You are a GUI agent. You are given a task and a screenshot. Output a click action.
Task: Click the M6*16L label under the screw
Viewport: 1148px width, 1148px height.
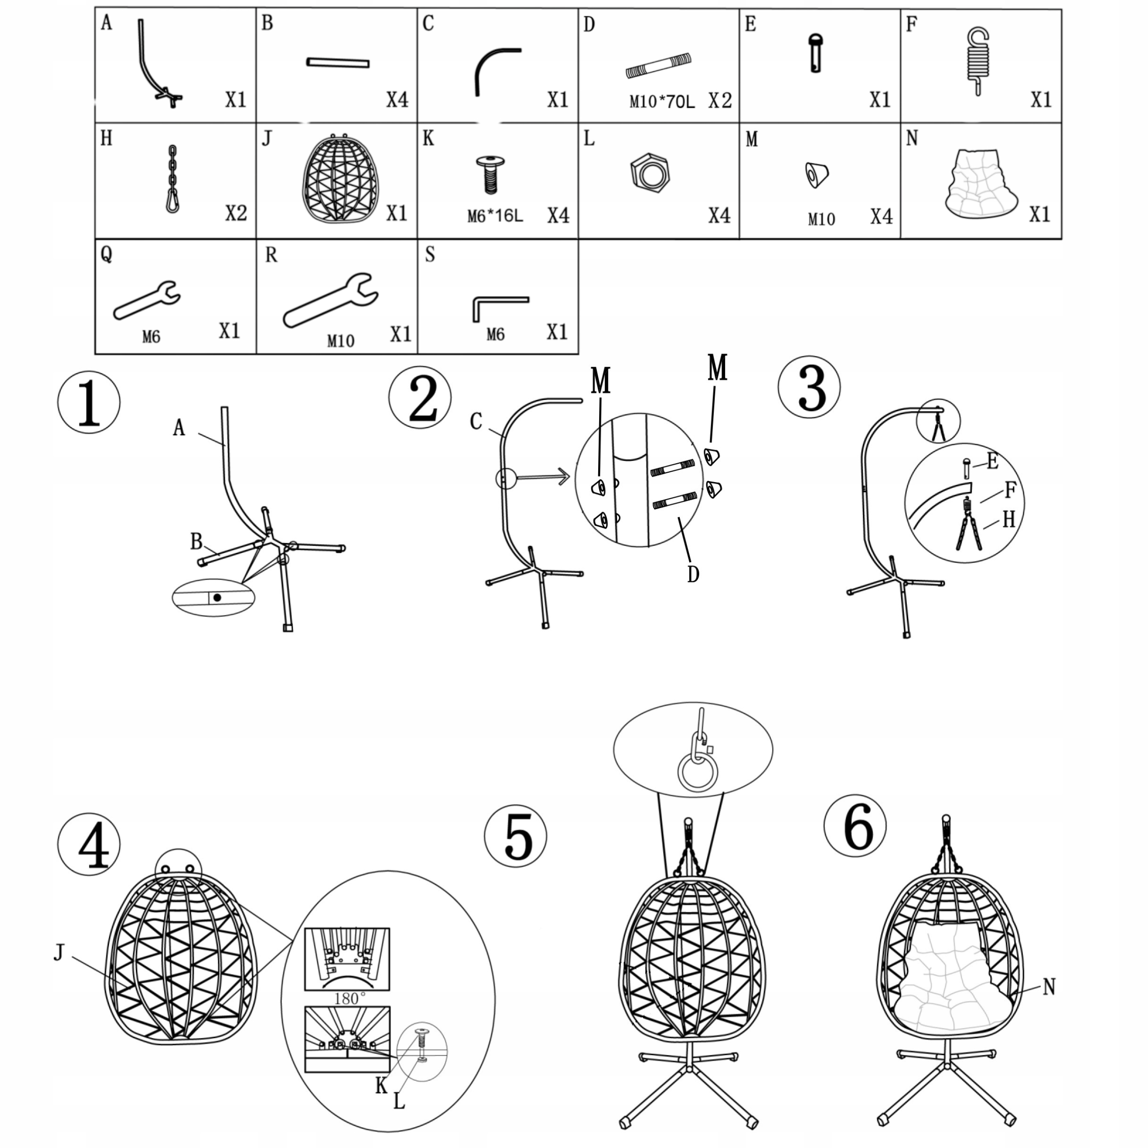coord(495,216)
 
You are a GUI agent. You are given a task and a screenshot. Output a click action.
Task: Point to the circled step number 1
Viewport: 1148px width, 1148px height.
coord(88,402)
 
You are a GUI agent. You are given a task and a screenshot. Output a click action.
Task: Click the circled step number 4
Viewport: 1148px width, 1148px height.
coord(89,844)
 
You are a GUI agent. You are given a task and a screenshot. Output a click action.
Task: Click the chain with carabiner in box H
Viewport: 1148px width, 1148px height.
coord(172,179)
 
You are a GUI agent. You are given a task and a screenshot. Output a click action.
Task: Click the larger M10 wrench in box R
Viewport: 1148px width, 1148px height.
coord(330,300)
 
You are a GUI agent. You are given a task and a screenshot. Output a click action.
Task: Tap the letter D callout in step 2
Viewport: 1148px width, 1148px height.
coord(693,574)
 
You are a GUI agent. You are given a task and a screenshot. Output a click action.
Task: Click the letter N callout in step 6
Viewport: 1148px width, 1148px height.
coord(1049,987)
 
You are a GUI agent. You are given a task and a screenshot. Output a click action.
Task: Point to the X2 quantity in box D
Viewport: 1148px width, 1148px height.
coord(720,100)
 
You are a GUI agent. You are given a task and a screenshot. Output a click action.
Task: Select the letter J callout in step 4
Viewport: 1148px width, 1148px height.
coord(58,953)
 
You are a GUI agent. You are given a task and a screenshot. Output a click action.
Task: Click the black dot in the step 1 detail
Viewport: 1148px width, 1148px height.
coord(217,597)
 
